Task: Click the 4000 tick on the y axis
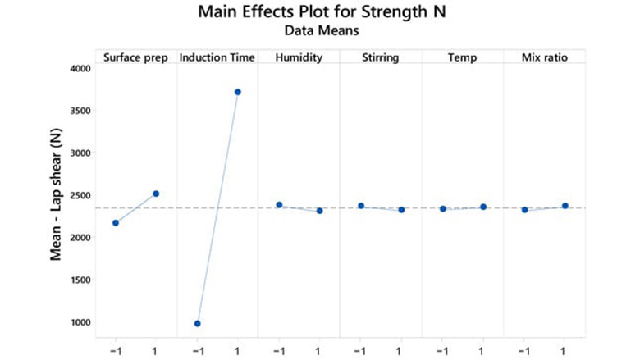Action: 78,68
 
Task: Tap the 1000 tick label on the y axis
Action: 78,322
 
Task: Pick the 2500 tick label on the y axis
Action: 78,195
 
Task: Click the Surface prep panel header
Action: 136,57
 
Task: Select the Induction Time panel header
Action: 217,57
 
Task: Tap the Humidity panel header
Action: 299,57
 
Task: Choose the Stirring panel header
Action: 381,57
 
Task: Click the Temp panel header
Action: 462,57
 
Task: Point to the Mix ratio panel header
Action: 544,57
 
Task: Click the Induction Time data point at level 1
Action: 238,92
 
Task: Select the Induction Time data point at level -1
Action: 198,324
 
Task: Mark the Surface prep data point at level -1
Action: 116,223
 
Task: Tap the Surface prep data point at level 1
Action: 157,194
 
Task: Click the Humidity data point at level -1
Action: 279,205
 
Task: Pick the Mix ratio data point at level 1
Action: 565,206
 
